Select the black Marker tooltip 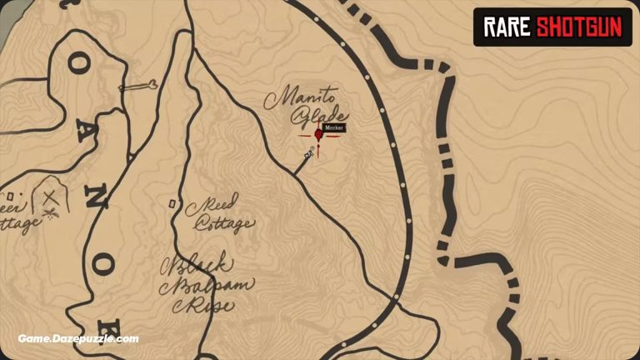point(334,128)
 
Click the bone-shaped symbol point(137,86)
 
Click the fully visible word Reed point(215,202)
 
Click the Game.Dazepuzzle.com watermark point(78,339)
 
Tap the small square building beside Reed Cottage point(171,202)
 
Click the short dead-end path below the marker point(301,165)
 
